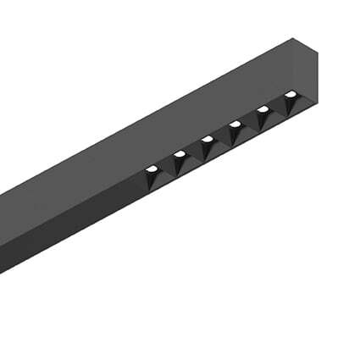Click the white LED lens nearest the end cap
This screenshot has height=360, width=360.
291,94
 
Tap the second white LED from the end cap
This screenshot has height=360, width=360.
263,109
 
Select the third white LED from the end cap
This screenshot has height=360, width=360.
235,124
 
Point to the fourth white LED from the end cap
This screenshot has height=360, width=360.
207,138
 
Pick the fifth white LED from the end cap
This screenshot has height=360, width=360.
179,153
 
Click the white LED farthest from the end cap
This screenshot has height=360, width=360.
152,168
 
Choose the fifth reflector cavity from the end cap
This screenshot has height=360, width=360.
180,163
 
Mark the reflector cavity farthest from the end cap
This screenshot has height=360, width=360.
153,177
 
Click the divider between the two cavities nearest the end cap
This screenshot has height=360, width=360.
278,108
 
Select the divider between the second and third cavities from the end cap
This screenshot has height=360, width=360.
250,122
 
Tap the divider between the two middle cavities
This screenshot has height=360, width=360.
222,137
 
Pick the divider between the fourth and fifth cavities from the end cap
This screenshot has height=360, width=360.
194,152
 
